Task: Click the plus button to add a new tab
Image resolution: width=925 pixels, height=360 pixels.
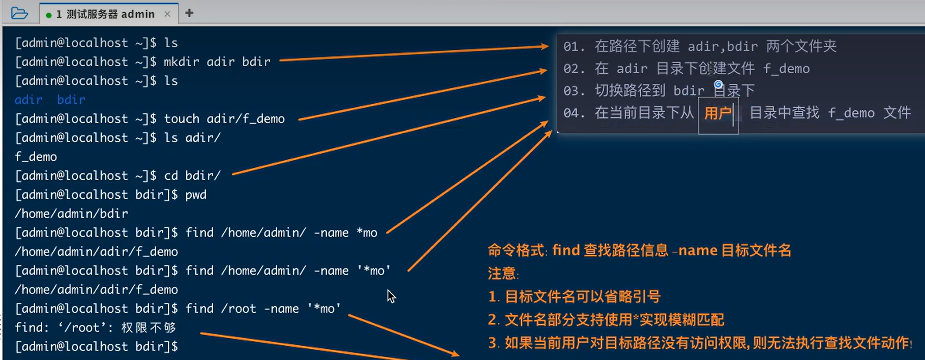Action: click(189, 13)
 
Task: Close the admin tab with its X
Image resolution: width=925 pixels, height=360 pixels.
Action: click(167, 14)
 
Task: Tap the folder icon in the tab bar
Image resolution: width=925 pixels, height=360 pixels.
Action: click(19, 13)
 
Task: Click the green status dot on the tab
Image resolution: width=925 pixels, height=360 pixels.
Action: click(49, 15)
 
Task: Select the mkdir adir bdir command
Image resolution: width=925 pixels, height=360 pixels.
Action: click(217, 62)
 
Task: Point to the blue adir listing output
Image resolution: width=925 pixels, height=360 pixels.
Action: click(28, 100)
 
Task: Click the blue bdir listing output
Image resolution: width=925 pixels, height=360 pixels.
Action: click(71, 100)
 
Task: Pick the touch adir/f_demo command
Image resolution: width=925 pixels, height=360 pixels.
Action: click(224, 118)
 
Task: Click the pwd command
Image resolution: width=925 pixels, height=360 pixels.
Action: click(196, 195)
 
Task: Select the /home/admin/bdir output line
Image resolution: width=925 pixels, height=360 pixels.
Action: click(71, 214)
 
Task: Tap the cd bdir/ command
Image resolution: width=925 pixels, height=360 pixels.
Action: click(192, 176)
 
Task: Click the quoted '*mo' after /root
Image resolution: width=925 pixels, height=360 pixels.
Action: click(324, 309)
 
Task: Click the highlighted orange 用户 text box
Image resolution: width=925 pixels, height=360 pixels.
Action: click(718, 113)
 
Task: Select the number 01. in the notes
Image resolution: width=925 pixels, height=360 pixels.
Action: click(574, 47)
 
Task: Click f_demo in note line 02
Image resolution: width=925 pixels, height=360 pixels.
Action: click(786, 69)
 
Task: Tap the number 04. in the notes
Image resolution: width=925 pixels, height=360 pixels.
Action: click(574, 113)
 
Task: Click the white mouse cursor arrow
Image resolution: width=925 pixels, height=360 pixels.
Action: click(391, 295)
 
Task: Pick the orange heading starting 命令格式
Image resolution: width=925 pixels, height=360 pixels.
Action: click(639, 250)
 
